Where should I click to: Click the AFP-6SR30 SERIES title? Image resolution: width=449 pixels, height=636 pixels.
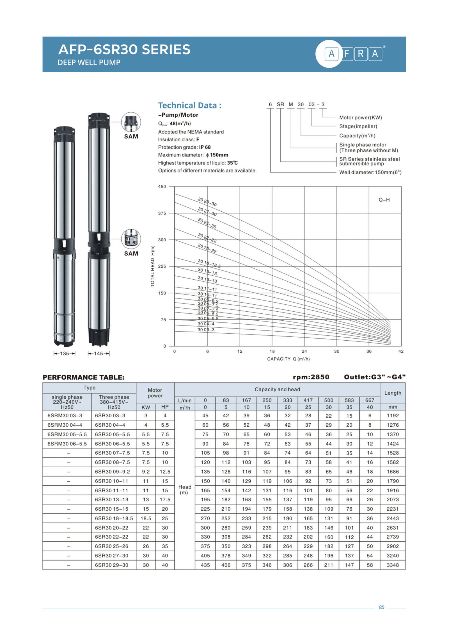coord(124,49)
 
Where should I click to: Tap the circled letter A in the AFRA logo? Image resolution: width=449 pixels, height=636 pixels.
coord(331,53)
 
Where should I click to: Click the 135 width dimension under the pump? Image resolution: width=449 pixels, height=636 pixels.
coord(65,353)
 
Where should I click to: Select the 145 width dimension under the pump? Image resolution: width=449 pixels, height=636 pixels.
coord(98,353)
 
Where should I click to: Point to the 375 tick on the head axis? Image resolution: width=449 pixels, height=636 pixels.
coord(162,213)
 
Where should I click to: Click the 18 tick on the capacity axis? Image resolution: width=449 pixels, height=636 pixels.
coord(272,351)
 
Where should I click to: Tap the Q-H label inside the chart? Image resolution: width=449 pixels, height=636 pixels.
coord(384,200)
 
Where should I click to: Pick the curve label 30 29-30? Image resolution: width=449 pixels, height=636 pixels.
coord(207,202)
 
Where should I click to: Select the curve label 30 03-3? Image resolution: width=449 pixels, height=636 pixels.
coord(206,330)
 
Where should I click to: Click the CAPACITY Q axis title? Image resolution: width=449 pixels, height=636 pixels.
coord(288,359)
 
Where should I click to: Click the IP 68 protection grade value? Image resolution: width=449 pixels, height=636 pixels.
coord(205,147)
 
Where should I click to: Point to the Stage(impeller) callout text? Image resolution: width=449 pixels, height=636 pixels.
coord(358,126)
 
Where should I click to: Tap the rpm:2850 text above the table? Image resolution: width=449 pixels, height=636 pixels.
coord(311,377)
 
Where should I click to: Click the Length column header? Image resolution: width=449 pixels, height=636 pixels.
coord(392,393)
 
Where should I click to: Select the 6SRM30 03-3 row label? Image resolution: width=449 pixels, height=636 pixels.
coord(65,415)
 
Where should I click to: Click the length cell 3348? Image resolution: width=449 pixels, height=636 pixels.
coord(392,565)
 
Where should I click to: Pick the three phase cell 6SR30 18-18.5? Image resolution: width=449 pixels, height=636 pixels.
coord(114,518)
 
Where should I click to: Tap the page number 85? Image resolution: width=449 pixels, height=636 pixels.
coord(381,607)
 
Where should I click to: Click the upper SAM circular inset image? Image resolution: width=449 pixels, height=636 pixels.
coord(131,122)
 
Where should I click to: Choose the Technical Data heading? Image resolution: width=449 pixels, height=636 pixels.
coord(190,105)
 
